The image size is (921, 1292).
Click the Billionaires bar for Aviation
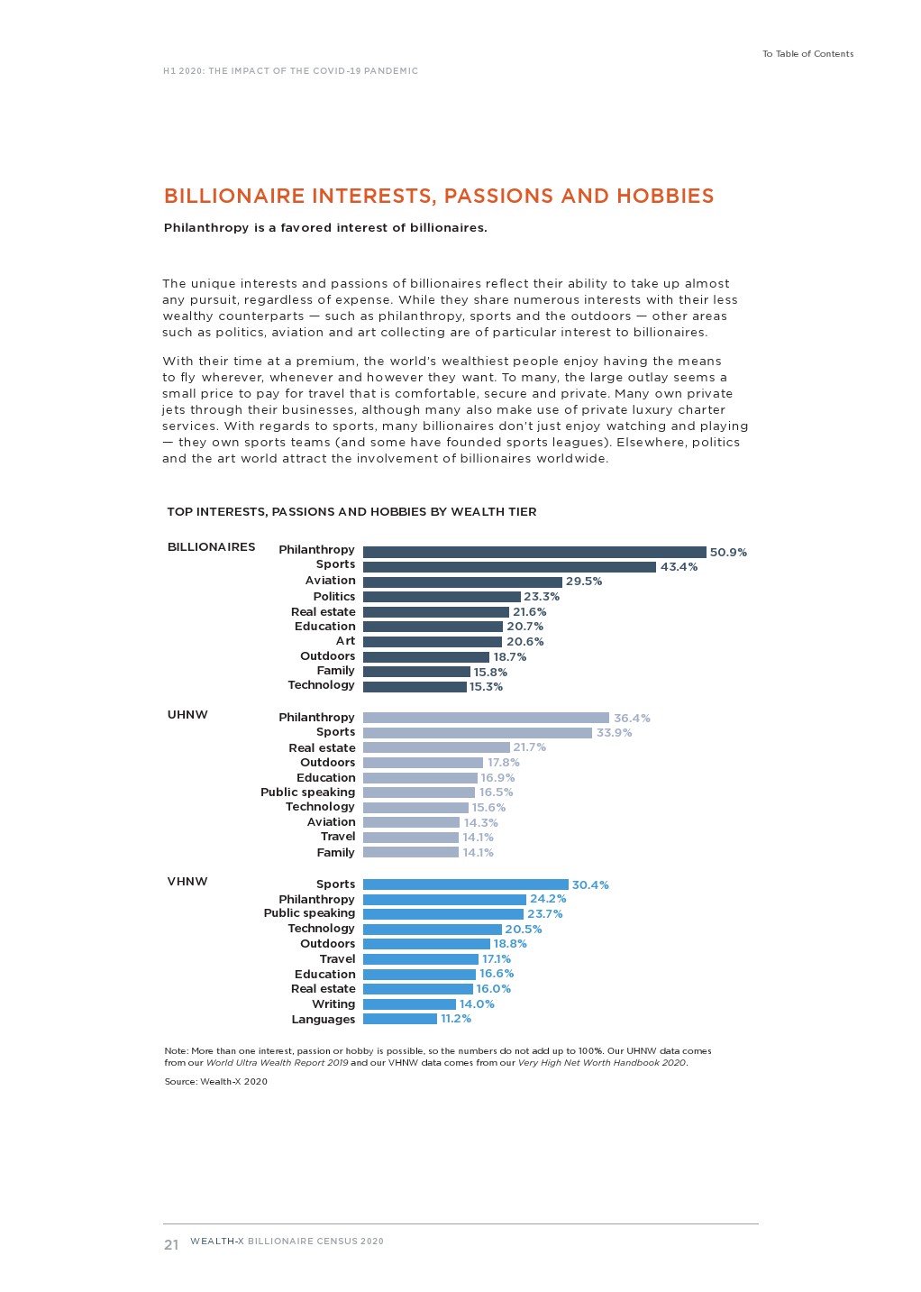coord(462,582)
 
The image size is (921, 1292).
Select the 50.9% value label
coord(728,553)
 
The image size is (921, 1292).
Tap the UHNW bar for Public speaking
coord(418,793)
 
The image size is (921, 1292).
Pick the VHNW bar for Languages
coord(399,1019)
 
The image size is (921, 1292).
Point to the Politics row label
coord(333,597)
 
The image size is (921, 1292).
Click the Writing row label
coord(333,1004)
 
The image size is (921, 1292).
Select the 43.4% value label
coord(679,567)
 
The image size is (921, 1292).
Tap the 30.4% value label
coord(590,885)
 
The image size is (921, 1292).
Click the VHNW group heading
coord(187,882)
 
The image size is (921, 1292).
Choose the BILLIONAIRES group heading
coord(211,547)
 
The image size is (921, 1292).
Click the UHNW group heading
coord(187,715)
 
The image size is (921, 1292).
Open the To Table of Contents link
coord(807,54)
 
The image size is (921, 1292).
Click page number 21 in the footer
coord(171,1245)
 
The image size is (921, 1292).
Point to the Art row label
coord(345,641)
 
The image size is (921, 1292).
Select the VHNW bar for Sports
coord(465,884)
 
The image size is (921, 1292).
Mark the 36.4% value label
coord(632,719)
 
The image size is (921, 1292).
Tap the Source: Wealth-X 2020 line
coord(215,1082)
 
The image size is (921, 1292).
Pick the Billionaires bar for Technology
coord(415,687)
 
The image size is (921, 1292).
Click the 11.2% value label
coord(456,1019)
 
